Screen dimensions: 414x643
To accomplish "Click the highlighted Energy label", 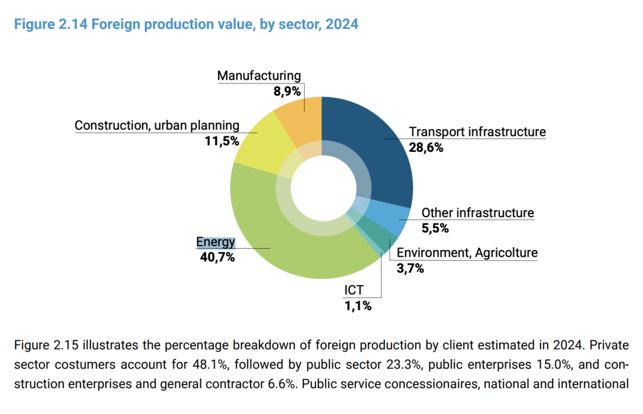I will click(215, 242).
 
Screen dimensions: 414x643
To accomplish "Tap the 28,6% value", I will click(426, 148).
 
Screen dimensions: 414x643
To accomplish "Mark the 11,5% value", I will click(222, 141).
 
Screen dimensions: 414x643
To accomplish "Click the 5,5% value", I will click(435, 228).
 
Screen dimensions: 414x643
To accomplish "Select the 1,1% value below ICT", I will click(357, 307).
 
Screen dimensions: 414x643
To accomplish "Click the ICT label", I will click(354, 291).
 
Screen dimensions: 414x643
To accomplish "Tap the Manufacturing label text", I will click(259, 76).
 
